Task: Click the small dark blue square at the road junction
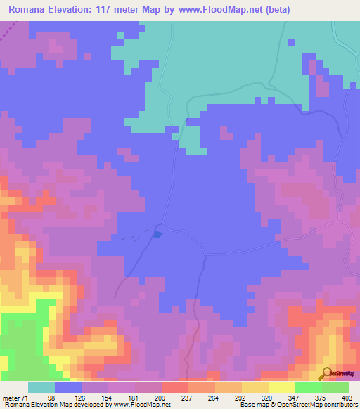coord(158,234)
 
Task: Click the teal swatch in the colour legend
coord(41,387)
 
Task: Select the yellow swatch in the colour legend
coord(281,387)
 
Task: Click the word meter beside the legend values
coord(10,398)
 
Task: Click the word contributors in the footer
coord(339,405)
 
